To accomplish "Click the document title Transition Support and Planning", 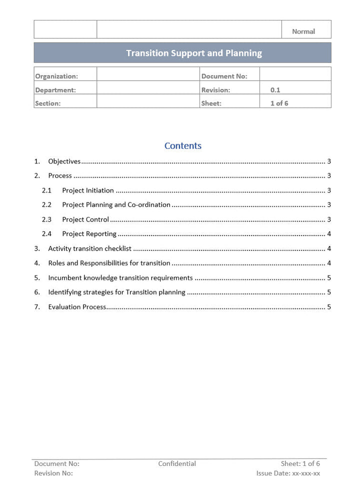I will [x=193, y=53].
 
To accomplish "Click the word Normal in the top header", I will [x=303, y=31].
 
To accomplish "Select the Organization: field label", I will [x=56, y=76].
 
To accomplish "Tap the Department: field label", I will [x=55, y=90].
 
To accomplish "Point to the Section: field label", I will [x=47, y=103].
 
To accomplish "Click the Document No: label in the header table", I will [x=224, y=76].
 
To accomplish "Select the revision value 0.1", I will [x=275, y=90].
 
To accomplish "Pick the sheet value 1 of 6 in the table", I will [x=279, y=103].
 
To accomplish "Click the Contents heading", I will [x=183, y=146].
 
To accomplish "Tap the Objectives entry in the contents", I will [x=64, y=161].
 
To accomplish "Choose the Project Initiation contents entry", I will [x=88, y=190].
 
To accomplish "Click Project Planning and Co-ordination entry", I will [x=116, y=205].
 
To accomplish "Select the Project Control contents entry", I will [x=85, y=219].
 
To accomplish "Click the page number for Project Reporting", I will [x=328, y=234].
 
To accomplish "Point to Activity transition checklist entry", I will [x=89, y=248].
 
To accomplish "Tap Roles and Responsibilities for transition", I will [x=109, y=263].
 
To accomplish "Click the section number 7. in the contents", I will [x=37, y=307].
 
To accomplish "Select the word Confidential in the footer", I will [x=177, y=464].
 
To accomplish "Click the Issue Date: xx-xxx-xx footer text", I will [x=288, y=473].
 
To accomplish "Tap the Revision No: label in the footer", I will [x=53, y=473].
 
